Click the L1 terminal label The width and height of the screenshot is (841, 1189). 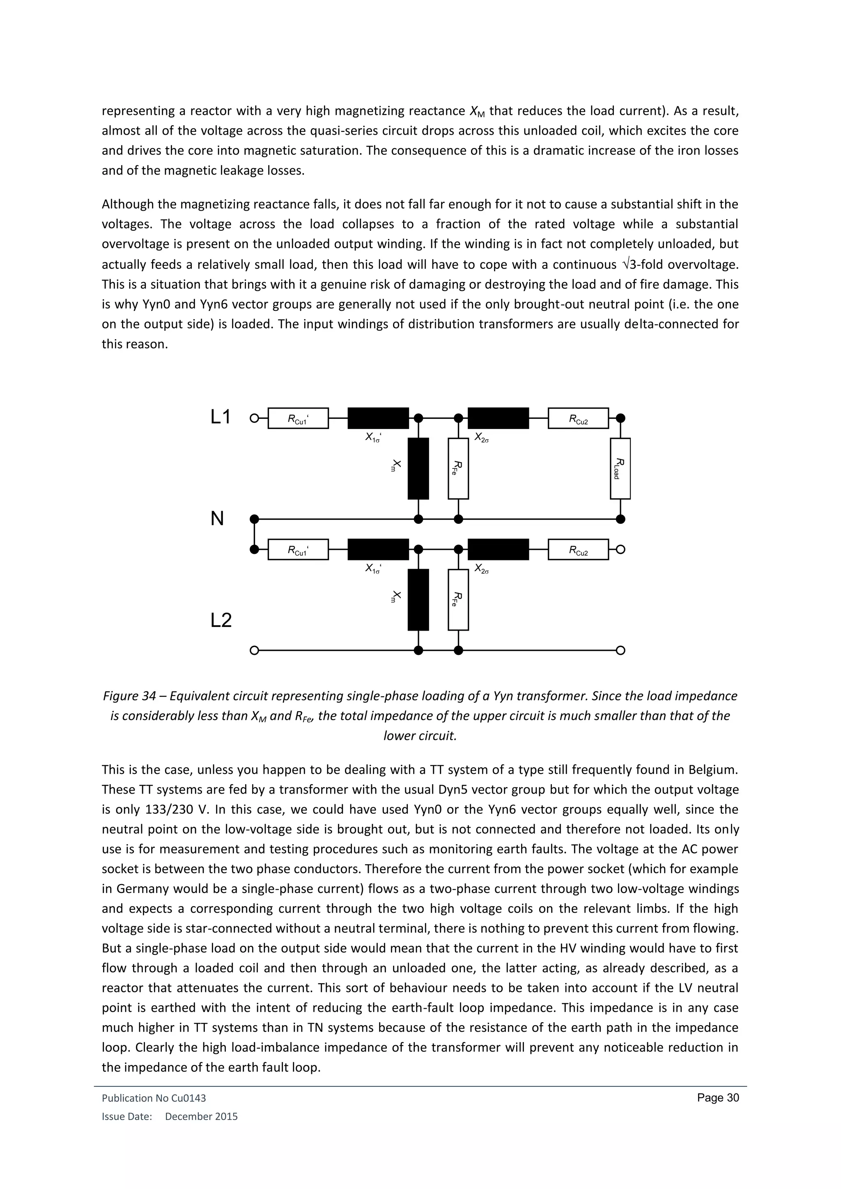[x=221, y=418]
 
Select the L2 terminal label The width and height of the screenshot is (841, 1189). [x=221, y=620]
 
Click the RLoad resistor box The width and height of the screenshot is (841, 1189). [x=620, y=468]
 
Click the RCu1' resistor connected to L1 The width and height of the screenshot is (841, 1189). [x=298, y=418]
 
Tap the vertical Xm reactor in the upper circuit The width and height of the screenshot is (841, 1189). [x=418, y=468]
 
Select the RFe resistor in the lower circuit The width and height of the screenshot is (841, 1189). [x=458, y=600]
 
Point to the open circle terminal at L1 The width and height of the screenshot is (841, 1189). [x=254, y=418]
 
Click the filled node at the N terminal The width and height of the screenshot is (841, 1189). [x=254, y=519]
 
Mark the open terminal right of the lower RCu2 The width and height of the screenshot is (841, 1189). [x=620, y=549]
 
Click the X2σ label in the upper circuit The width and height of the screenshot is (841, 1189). [x=482, y=438]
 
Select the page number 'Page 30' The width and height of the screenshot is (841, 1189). [x=718, y=1098]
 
